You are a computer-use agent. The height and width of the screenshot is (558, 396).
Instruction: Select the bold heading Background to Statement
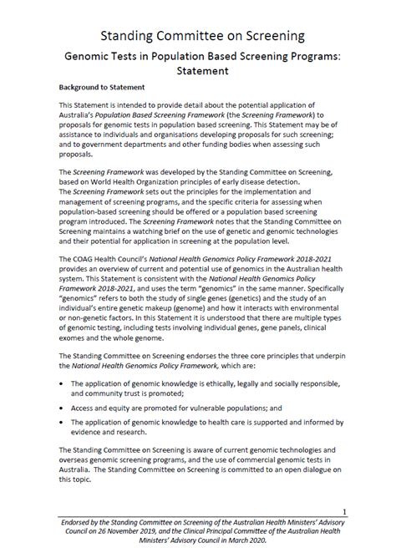(x=102, y=87)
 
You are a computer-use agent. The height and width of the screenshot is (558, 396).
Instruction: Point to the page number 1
(x=345, y=510)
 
